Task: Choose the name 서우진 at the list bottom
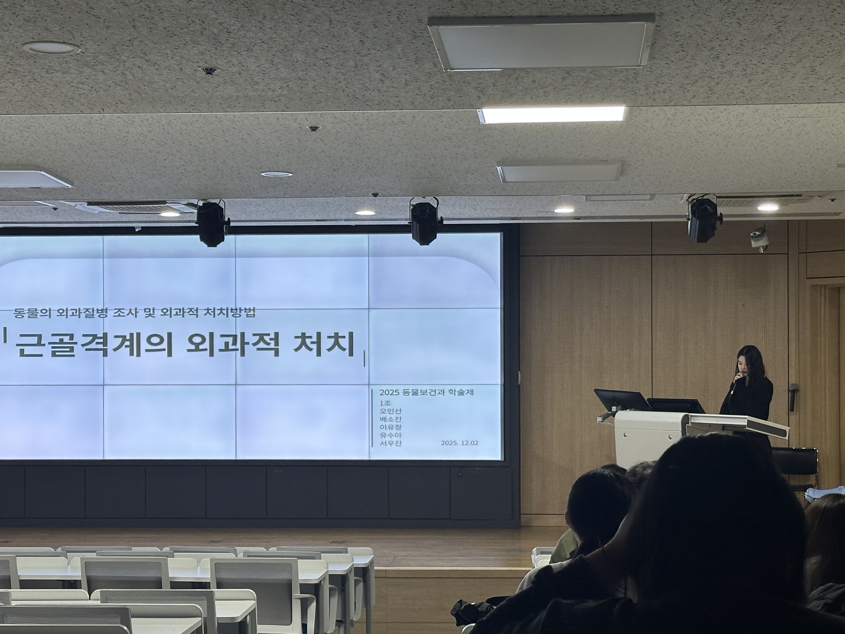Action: click(390, 443)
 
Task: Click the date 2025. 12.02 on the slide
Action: click(459, 443)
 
